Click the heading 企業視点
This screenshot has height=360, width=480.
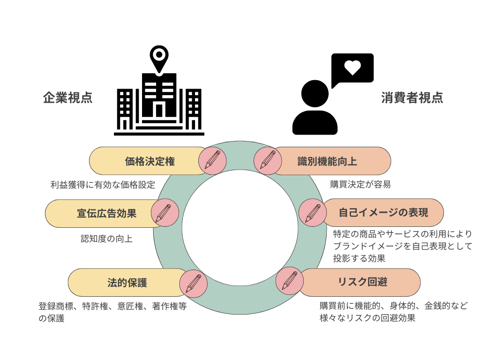point(67,97)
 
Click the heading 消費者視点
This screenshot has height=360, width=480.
point(412,97)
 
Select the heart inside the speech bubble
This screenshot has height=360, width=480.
point(352,67)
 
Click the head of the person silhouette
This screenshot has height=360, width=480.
point(315,93)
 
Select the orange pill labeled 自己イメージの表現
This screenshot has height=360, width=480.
point(382,212)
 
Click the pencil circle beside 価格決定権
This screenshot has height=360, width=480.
point(212,160)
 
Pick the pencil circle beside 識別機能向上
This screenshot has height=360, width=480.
point(268,160)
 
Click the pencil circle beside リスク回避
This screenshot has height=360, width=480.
point(289,281)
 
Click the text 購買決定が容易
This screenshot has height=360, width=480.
point(360,184)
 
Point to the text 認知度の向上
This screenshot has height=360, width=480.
point(106,239)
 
